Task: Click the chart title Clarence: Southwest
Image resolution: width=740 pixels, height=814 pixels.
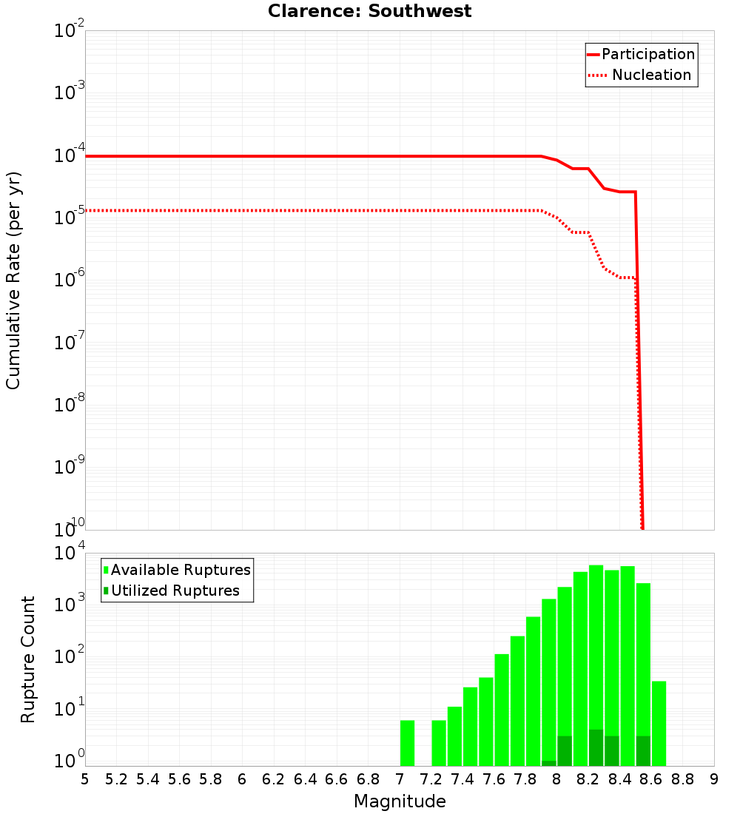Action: (x=369, y=11)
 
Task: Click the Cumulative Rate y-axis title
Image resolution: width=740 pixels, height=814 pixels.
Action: (x=13, y=280)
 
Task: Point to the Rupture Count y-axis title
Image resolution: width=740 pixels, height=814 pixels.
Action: (x=28, y=659)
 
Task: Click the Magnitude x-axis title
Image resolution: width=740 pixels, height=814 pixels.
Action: (x=400, y=801)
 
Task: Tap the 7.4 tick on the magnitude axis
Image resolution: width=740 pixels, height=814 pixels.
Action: (x=462, y=779)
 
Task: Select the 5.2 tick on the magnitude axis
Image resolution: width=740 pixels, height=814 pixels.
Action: (x=116, y=779)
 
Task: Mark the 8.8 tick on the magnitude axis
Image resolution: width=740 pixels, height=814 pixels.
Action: (x=682, y=779)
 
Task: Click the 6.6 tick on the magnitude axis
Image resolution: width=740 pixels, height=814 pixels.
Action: (x=337, y=779)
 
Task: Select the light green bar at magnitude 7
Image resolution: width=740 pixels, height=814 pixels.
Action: (x=407, y=743)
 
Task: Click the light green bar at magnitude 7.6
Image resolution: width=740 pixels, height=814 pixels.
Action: (x=502, y=710)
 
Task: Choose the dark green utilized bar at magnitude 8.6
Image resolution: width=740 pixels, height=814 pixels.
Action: (x=643, y=751)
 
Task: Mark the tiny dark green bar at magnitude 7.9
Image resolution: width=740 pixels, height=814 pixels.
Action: (x=548, y=763)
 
